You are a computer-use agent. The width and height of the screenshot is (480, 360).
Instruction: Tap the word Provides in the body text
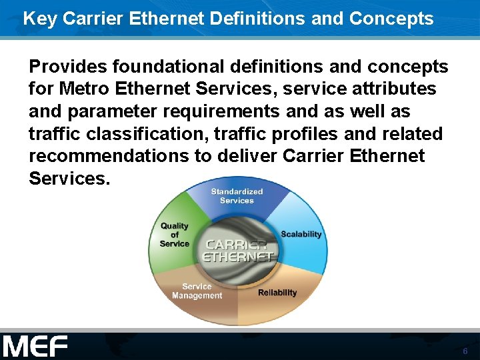(68, 67)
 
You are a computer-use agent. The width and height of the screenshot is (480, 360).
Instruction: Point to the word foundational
(168, 67)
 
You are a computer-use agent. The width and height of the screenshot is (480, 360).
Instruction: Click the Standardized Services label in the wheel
(237, 196)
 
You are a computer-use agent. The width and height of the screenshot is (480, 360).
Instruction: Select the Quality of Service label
(174, 235)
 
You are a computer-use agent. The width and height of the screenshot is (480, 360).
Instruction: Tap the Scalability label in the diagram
(301, 234)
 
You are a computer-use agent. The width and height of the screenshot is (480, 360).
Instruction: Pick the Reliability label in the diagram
(277, 293)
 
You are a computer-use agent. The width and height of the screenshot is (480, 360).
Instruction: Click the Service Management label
(197, 291)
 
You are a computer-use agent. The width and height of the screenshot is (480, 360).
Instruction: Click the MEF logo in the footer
(35, 346)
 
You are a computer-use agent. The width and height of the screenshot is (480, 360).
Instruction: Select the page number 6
(465, 351)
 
